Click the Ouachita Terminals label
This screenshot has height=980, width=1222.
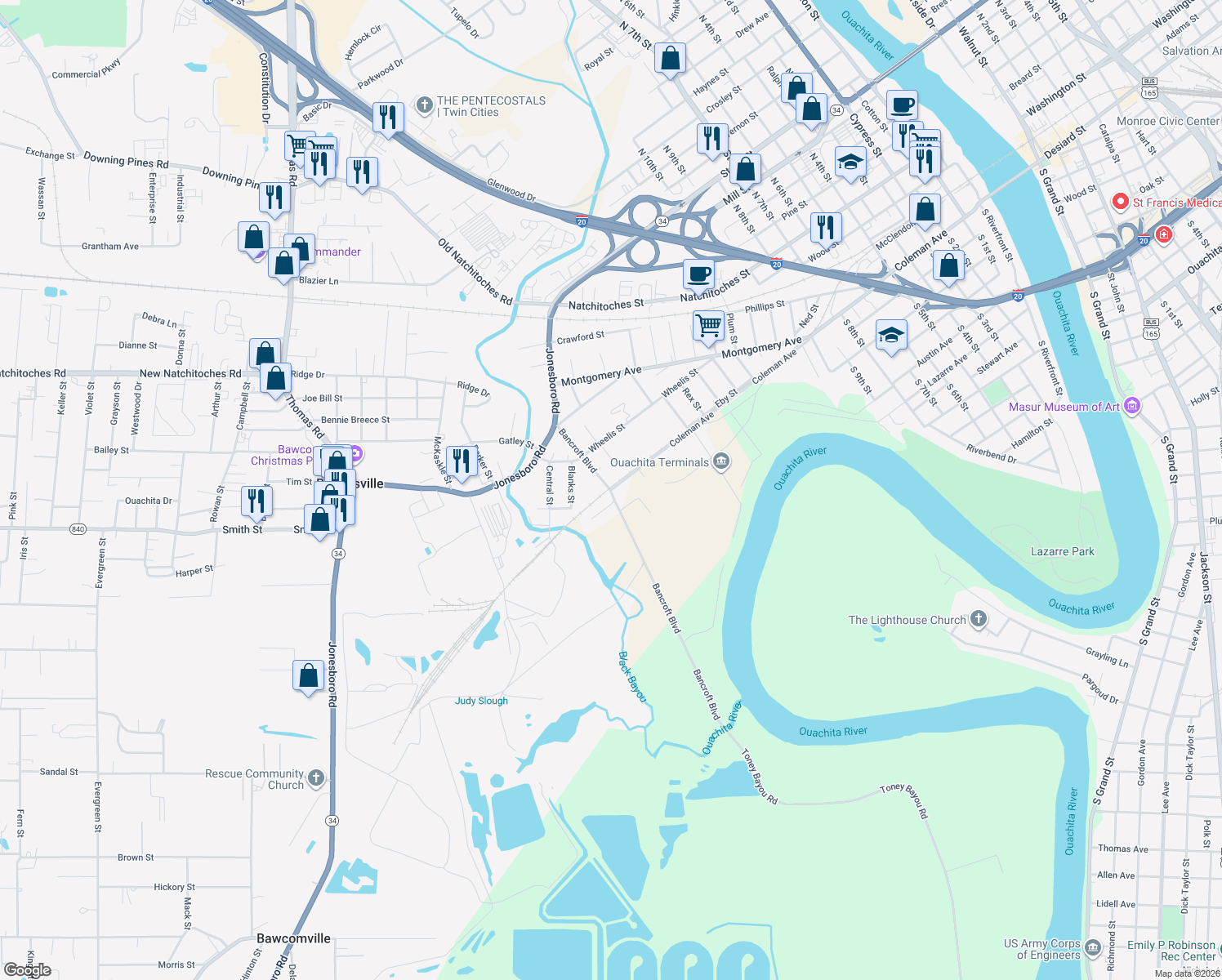[x=659, y=462]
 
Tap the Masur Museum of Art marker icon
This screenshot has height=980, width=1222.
[x=1132, y=406]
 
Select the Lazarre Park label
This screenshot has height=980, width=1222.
[x=1062, y=551]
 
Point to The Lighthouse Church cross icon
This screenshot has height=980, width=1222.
[x=978, y=620]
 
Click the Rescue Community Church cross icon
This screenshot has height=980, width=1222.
[x=316, y=778]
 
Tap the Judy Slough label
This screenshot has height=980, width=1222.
[x=481, y=701]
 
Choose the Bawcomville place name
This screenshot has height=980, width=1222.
[x=293, y=938]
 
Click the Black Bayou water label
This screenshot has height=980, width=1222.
[x=632, y=676]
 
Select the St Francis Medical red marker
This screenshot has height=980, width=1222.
[x=1120, y=202]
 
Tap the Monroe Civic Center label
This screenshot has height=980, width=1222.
[x=1167, y=121]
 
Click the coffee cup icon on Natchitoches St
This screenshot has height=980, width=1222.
[x=698, y=274]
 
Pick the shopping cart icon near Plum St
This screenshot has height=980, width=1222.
[x=709, y=325]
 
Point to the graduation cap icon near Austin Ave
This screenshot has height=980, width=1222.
[x=891, y=336]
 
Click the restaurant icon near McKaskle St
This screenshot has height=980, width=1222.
[x=462, y=461]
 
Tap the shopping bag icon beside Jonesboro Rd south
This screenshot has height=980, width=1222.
[x=308, y=675]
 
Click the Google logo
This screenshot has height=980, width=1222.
[x=27, y=969]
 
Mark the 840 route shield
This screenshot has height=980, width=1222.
[x=78, y=529]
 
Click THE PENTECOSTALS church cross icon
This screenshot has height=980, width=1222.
[x=424, y=105]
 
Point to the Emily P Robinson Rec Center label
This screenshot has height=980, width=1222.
[x=1171, y=951]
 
